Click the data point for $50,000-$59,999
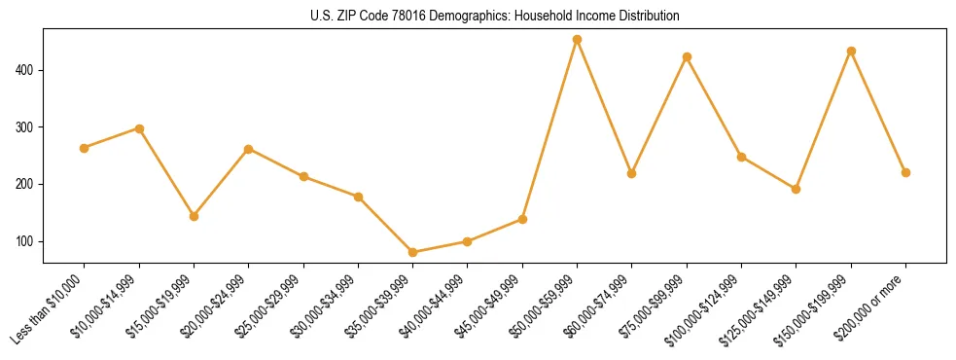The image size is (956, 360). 577,40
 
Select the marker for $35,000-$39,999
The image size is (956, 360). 412,252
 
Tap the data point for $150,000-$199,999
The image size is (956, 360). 851,51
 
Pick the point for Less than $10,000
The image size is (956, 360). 84,148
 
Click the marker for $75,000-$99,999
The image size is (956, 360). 687,56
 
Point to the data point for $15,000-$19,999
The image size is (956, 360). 194,216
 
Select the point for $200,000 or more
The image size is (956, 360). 905,172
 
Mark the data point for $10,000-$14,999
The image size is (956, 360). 139,128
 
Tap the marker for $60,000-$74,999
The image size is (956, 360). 632,173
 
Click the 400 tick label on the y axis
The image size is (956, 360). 27,70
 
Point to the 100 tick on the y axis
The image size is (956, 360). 27,241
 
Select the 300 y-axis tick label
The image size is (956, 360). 27,127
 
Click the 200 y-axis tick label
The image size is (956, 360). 27,184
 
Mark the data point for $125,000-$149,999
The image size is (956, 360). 796,189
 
